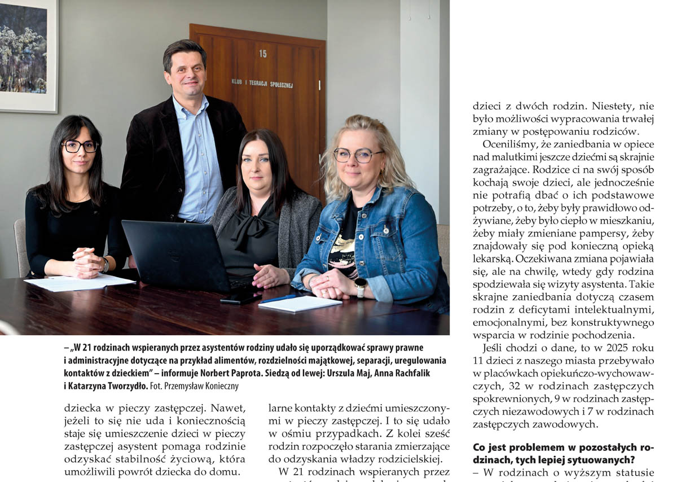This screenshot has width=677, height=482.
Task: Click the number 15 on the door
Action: [263, 54]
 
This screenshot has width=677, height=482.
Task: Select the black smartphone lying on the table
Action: [240, 297]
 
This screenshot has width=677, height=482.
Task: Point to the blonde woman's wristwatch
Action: [360, 287]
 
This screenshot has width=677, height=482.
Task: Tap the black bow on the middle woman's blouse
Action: [248, 229]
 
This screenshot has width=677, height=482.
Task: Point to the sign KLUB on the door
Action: [236, 81]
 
